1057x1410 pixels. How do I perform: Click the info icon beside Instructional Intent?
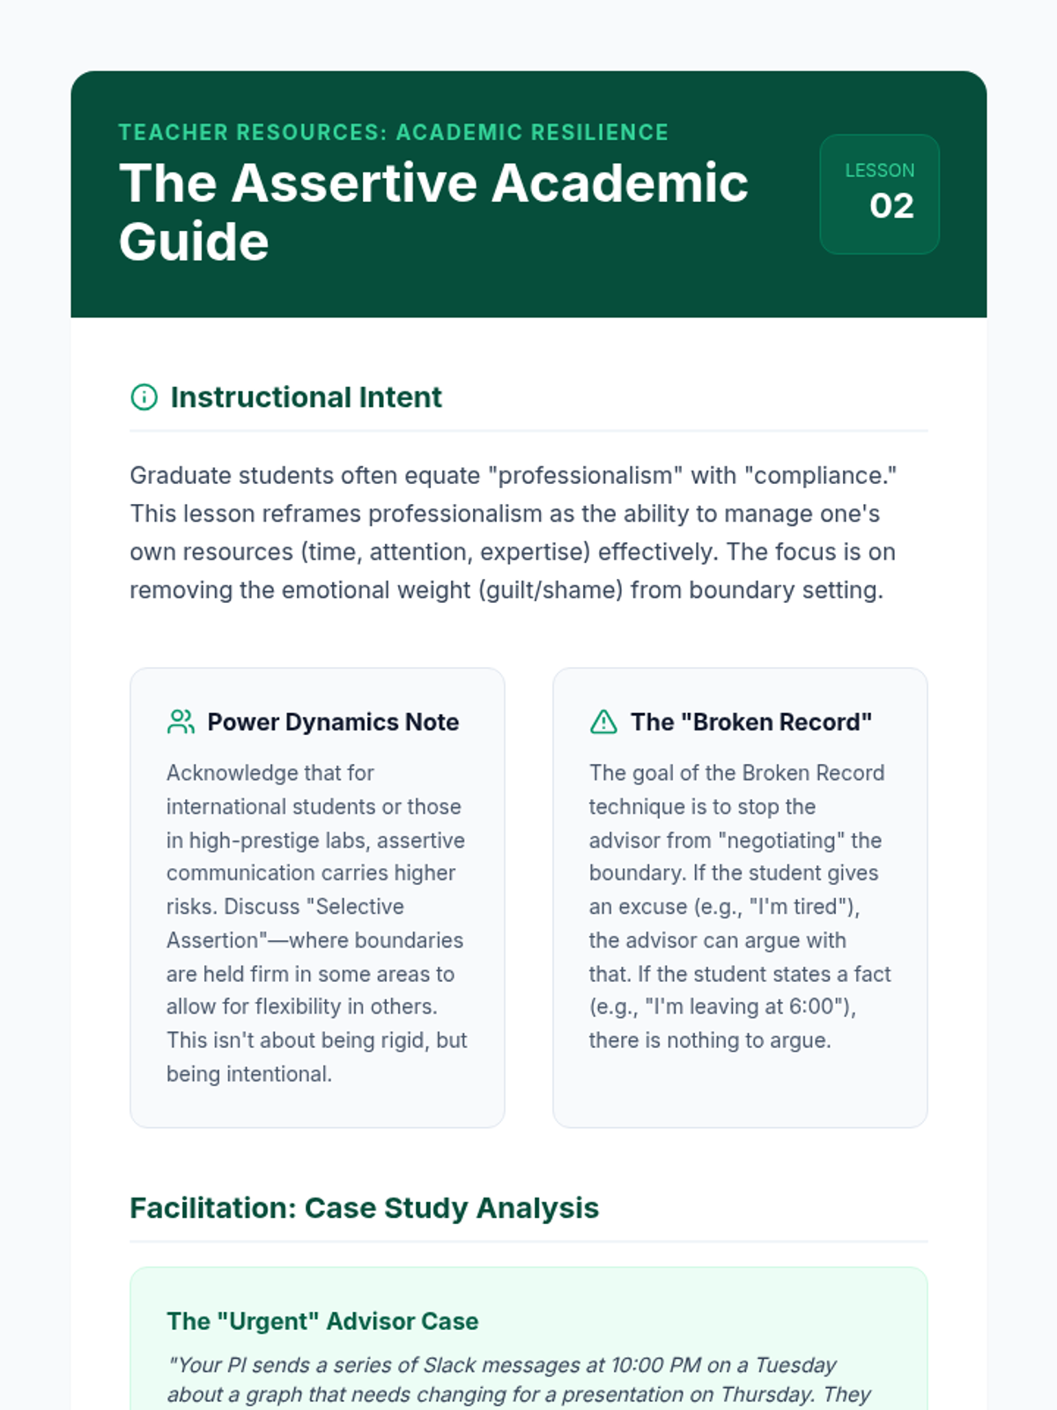click(x=144, y=397)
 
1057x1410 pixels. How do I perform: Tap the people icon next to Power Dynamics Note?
click(x=181, y=722)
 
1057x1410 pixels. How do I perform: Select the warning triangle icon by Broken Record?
click(x=603, y=722)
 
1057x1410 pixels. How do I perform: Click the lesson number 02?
click(x=891, y=206)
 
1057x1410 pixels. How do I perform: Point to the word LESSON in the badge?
click(x=879, y=170)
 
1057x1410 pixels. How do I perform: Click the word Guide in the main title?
click(x=194, y=241)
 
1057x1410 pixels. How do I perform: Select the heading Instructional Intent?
click(x=306, y=397)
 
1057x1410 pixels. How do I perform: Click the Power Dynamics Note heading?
click(x=333, y=722)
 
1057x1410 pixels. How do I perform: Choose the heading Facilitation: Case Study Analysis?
click(x=364, y=1207)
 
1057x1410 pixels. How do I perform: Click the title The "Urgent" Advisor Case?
click(x=322, y=1321)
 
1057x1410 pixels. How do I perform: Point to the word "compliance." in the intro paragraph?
click(x=820, y=476)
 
